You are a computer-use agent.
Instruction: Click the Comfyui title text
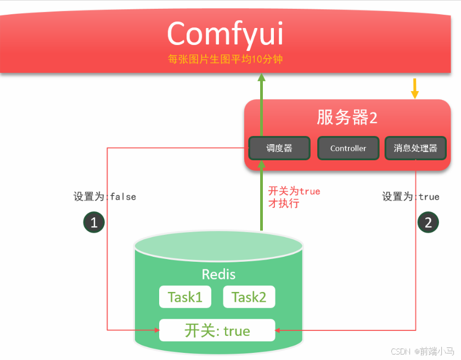[x=225, y=33]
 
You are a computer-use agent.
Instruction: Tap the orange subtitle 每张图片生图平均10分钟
[x=225, y=59]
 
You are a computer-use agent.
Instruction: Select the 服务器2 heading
[x=347, y=117]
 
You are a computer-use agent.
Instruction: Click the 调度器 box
[x=279, y=148]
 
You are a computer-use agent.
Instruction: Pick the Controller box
[x=348, y=148]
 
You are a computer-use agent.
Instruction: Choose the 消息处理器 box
[x=415, y=148]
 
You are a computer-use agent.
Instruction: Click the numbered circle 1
[x=94, y=222]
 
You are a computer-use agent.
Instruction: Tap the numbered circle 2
[x=428, y=222]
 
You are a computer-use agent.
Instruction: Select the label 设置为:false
[x=105, y=196]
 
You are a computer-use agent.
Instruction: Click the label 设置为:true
[x=411, y=196]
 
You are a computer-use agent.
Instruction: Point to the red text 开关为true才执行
[x=294, y=197]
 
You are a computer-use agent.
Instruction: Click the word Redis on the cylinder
[x=218, y=274]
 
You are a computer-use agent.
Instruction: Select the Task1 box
[x=185, y=297]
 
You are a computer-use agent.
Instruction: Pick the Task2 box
[x=249, y=297]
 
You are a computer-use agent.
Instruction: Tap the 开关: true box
[x=217, y=330]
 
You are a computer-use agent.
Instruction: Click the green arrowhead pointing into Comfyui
[x=262, y=78]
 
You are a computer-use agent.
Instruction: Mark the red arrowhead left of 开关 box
[x=156, y=330]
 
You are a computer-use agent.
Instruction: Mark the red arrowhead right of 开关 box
[x=278, y=330]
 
